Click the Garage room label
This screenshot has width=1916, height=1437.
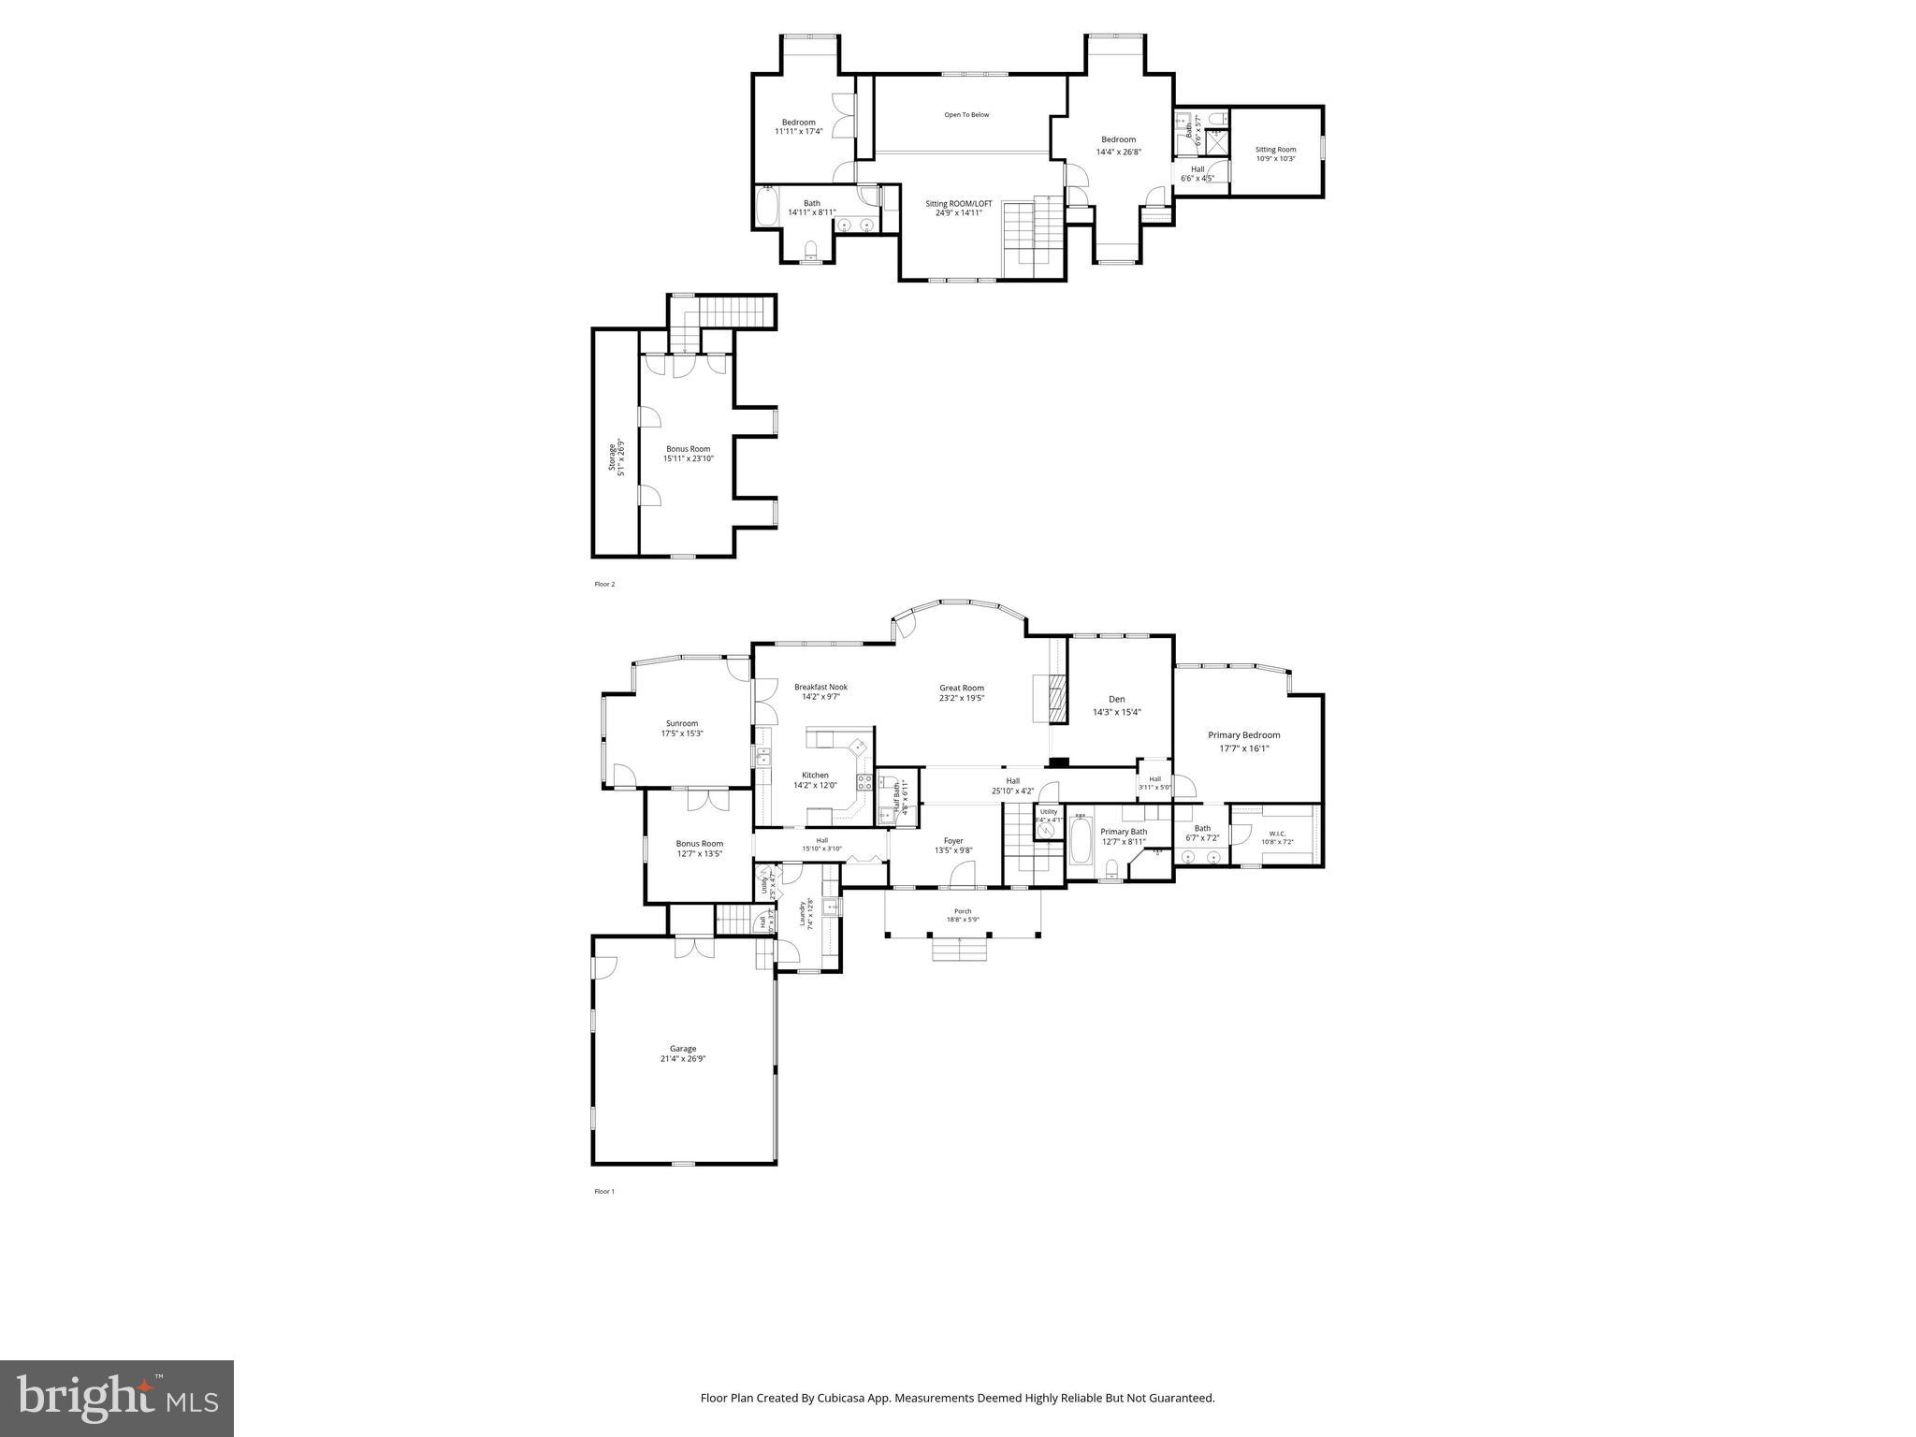[x=682, y=1053]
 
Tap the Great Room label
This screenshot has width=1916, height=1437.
[x=962, y=692]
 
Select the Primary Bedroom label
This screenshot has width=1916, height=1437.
[x=1243, y=740]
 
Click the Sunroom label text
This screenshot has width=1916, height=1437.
[x=682, y=728]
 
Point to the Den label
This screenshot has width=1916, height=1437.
[x=1116, y=704]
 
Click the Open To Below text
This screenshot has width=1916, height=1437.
[x=965, y=115]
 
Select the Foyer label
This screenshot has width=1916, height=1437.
[x=952, y=845]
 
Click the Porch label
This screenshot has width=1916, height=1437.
[x=962, y=914]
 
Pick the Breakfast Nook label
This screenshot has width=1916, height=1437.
[x=820, y=690]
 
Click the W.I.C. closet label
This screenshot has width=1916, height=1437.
[x=1276, y=836]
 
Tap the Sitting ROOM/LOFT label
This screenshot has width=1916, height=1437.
[x=958, y=208]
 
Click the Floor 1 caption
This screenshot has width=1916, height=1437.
[x=604, y=1191]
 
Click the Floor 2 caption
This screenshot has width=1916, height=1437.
[x=604, y=584]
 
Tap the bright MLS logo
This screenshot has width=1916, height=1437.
[x=116, y=1398]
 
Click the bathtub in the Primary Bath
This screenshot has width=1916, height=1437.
[x=1080, y=840]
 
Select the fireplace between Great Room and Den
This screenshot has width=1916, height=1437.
[x=1057, y=698]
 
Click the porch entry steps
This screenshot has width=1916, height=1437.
[x=959, y=950]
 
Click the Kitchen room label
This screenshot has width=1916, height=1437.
[x=814, y=779]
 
